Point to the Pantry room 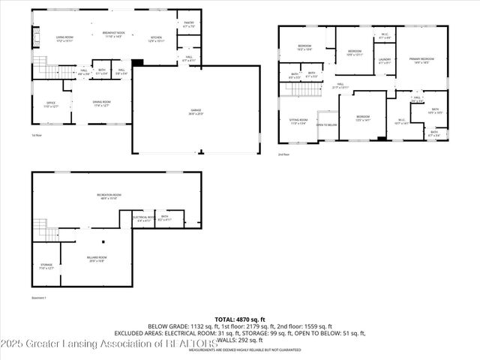coord(188,25)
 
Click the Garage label coord(196,112)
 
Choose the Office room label coord(50,104)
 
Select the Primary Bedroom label coord(421,61)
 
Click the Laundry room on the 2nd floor coord(385,61)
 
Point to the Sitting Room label coord(298,121)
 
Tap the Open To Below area coord(327,124)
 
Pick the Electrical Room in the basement coord(143,218)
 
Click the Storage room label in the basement coord(46,266)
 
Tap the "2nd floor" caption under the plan coord(283,154)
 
